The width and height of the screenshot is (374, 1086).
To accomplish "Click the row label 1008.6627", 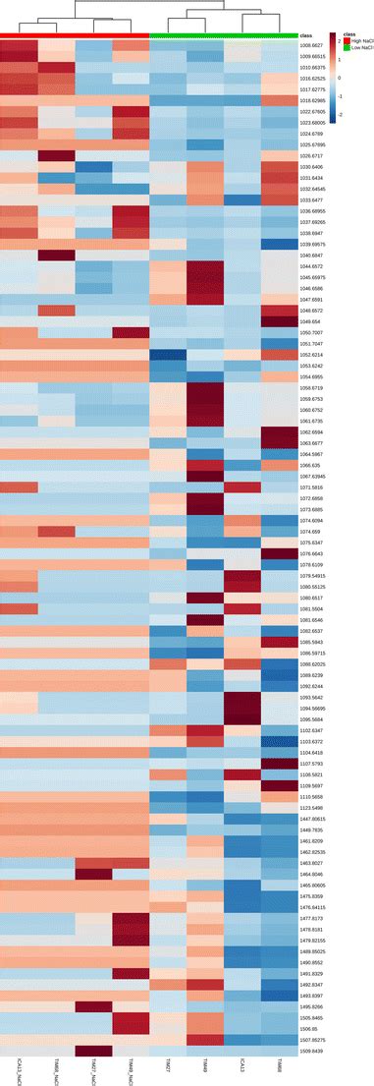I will [x=311, y=46].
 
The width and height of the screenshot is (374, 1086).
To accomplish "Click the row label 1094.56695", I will [x=311, y=709].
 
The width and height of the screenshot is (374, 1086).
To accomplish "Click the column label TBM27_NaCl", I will [x=94, y=1070].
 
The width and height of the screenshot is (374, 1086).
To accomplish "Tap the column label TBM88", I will [x=280, y=1065].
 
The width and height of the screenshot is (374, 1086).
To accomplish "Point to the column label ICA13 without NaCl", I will [x=242, y=1065].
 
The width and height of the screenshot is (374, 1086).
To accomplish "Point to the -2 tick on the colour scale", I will [x=339, y=115].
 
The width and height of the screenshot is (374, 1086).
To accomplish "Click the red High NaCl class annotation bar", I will [x=75, y=35].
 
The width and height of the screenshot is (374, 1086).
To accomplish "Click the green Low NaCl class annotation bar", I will [x=224, y=35].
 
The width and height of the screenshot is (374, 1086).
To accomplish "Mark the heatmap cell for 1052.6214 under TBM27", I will [x=168, y=355].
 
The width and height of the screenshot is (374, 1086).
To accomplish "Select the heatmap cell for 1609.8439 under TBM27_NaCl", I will [x=93, y=1050].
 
